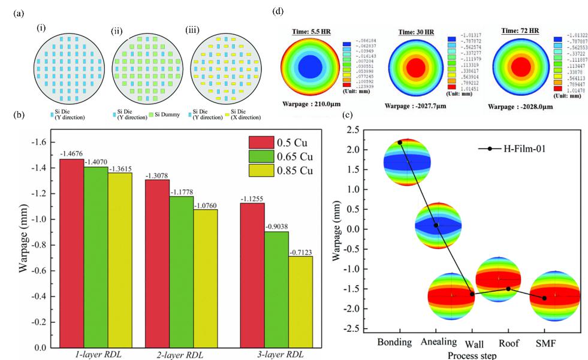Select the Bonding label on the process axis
point(394,343)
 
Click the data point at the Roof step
point(508,289)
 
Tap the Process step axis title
point(472,355)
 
